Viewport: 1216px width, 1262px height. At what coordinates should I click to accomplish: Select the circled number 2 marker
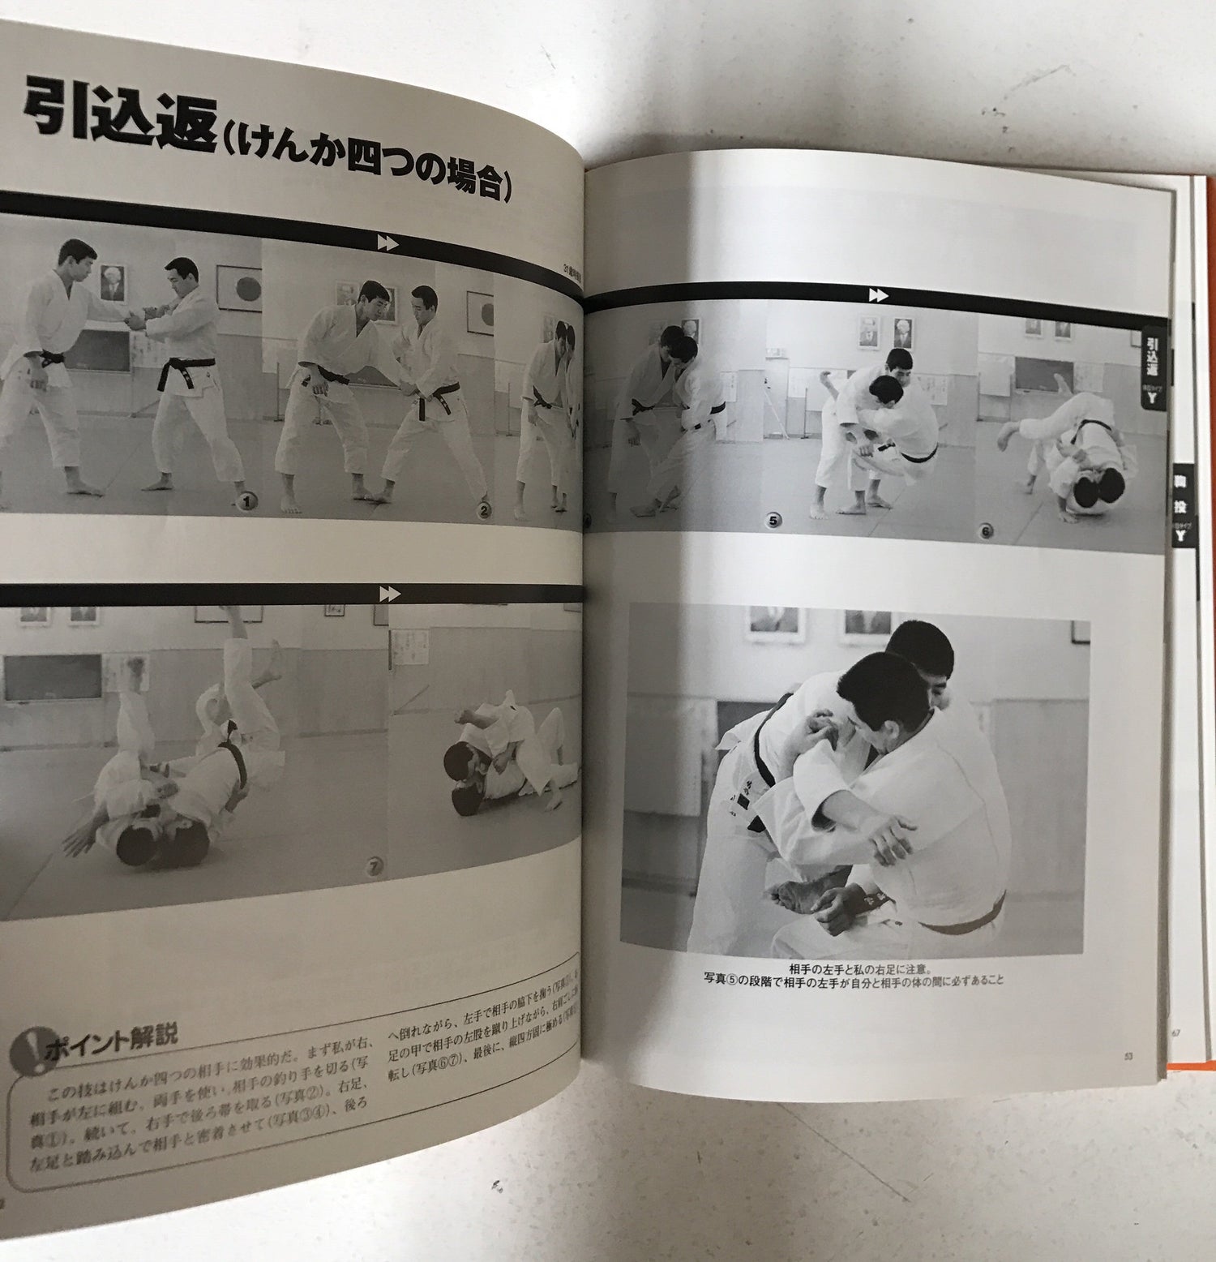tap(484, 510)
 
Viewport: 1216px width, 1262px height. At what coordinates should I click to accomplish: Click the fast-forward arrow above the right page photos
tap(878, 295)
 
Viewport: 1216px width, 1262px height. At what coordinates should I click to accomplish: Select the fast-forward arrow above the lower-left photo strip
tap(389, 595)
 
